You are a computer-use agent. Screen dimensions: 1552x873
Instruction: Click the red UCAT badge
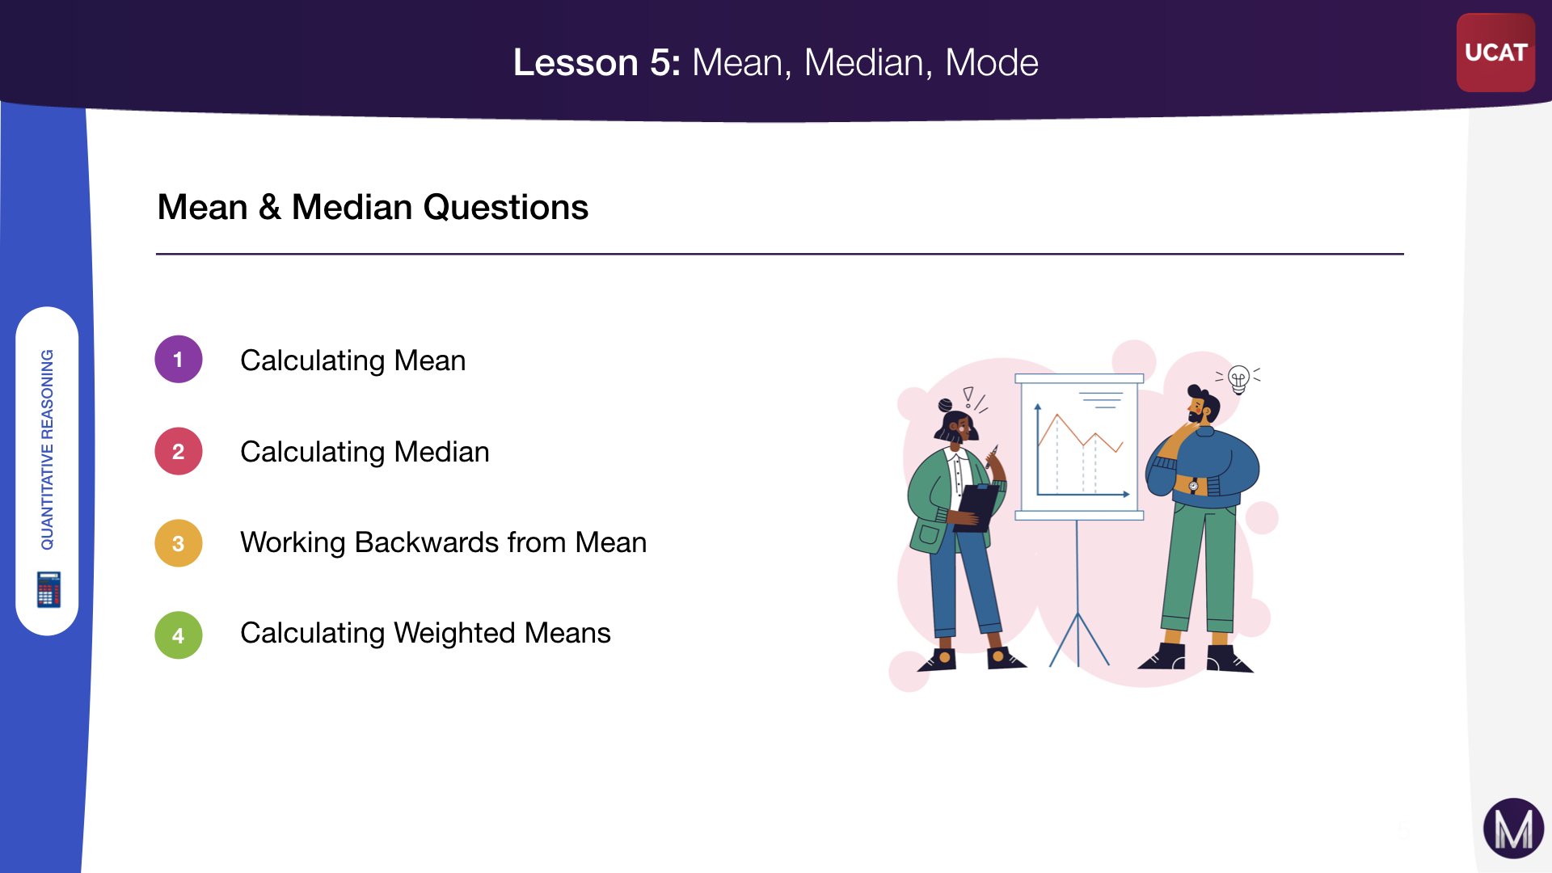tap(1495, 53)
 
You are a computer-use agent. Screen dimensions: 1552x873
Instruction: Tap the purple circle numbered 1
tap(179, 359)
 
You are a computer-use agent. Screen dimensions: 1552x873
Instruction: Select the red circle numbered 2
tap(179, 451)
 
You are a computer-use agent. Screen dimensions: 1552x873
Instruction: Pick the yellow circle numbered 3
tap(179, 543)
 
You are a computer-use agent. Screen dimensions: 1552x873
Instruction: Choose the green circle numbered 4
tap(179, 635)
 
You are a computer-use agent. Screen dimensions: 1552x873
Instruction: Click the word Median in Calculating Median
tap(441, 451)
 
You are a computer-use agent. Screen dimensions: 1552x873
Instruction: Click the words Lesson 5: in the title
tap(597, 62)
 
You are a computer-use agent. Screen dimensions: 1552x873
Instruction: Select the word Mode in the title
tap(992, 62)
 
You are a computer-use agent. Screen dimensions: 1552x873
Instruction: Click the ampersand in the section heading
tap(270, 207)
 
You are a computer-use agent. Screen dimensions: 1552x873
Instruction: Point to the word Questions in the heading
tap(506, 207)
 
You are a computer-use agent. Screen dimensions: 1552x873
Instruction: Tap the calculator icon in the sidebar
tap(48, 589)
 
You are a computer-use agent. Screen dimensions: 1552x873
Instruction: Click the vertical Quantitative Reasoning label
tap(48, 449)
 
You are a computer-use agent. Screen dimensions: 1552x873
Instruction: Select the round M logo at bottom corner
tap(1513, 829)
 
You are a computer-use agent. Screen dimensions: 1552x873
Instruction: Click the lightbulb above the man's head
tap(1238, 378)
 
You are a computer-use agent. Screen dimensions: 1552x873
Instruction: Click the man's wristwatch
tap(1193, 486)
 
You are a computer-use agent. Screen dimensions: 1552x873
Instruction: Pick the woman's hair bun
tap(945, 404)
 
